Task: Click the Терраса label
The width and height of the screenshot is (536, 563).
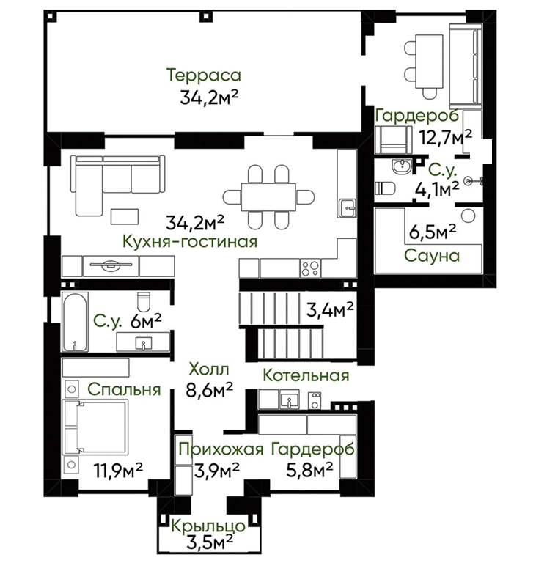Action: point(204,76)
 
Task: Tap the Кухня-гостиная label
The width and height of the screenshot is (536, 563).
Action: point(190,241)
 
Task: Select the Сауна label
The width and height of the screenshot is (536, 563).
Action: point(432,256)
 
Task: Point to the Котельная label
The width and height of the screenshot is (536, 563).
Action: point(306,375)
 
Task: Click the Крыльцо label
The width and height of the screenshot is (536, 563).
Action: point(208,526)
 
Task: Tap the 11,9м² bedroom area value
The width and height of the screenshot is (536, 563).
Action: point(118,470)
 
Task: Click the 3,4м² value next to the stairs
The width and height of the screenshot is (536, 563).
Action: point(330,309)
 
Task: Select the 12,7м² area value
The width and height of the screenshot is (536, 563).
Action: point(446,137)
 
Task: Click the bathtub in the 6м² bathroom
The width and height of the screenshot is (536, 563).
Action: point(74,322)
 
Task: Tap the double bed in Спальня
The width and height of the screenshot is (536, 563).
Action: point(95,427)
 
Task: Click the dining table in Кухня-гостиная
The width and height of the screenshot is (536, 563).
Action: point(268,197)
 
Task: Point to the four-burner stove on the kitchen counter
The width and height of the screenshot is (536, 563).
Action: point(311,268)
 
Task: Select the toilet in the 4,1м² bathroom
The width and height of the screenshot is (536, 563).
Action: point(385,188)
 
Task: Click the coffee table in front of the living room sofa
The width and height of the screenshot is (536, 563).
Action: point(125,216)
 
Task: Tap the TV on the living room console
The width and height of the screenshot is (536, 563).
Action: point(111,265)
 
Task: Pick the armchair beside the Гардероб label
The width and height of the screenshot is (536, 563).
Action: point(393,140)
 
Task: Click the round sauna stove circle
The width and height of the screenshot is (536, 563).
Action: point(468,216)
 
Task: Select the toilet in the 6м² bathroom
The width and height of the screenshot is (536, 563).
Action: point(144,302)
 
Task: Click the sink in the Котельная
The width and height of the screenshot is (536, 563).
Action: point(289,400)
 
